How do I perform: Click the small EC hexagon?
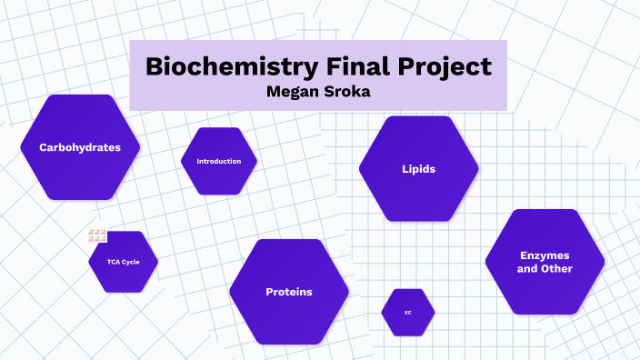(408, 312)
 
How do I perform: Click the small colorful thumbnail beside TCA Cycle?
(97, 236)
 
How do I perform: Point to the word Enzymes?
(545, 255)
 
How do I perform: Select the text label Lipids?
(418, 169)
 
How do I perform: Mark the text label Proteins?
(289, 292)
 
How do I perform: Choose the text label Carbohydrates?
(80, 146)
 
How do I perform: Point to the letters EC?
(408, 312)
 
